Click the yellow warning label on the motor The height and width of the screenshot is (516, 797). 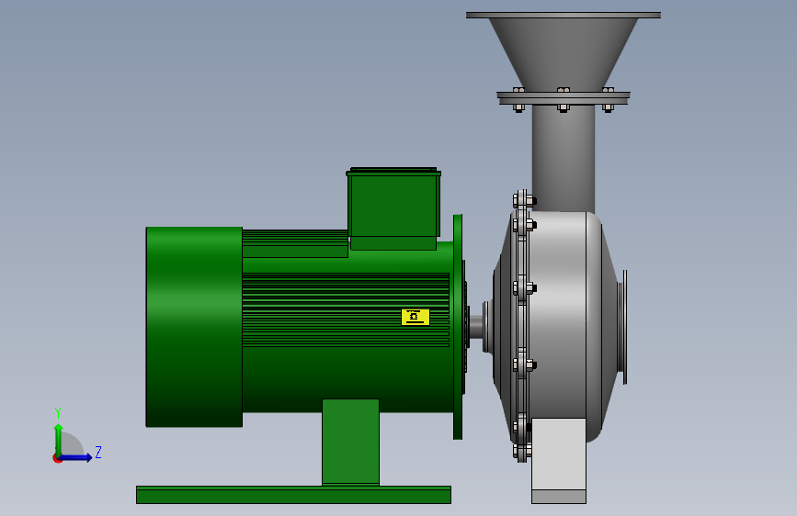(x=416, y=317)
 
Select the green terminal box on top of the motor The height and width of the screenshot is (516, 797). (x=393, y=208)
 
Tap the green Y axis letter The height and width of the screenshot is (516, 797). (x=58, y=413)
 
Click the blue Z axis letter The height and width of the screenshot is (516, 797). (x=98, y=452)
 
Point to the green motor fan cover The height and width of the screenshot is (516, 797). (x=194, y=327)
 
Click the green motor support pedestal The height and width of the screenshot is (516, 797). (x=351, y=442)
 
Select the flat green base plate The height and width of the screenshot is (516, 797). (x=293, y=495)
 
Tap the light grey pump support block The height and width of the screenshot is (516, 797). (x=559, y=461)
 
